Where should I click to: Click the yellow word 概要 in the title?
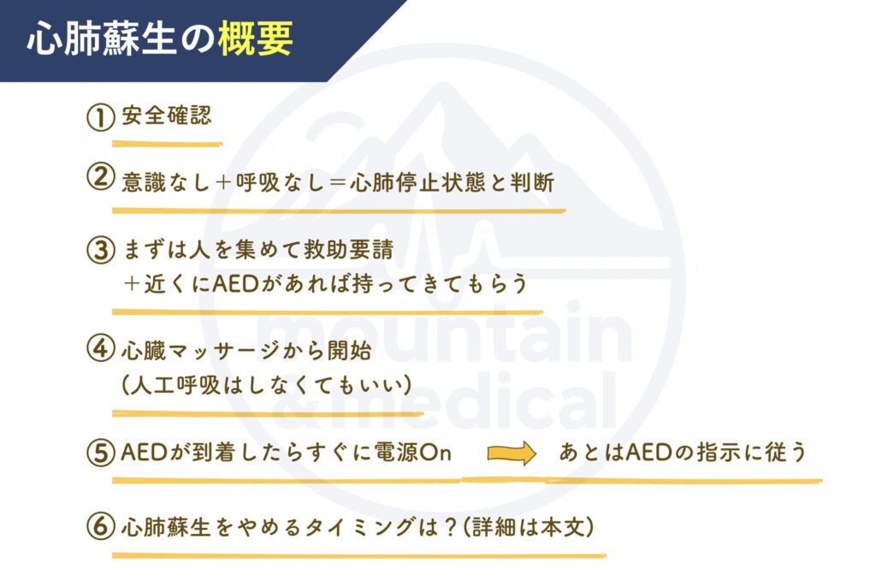tap(255, 39)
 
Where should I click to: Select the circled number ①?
tap(101, 116)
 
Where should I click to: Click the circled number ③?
tap(101, 249)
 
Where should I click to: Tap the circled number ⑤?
tap(101, 452)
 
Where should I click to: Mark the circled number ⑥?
tap(101, 527)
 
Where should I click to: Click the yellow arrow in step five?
tap(512, 453)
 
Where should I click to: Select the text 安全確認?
tap(167, 116)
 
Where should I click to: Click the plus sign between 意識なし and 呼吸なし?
tap(223, 183)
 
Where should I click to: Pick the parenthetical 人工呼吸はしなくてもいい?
tap(267, 385)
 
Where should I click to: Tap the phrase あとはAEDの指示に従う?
tap(683, 452)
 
